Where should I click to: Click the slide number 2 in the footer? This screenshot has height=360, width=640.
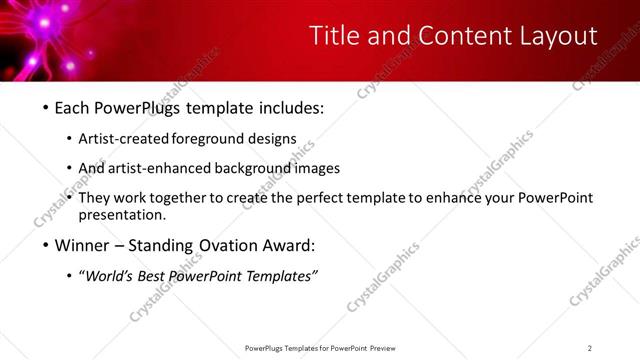590,348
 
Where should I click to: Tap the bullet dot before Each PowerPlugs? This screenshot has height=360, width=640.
46,107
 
